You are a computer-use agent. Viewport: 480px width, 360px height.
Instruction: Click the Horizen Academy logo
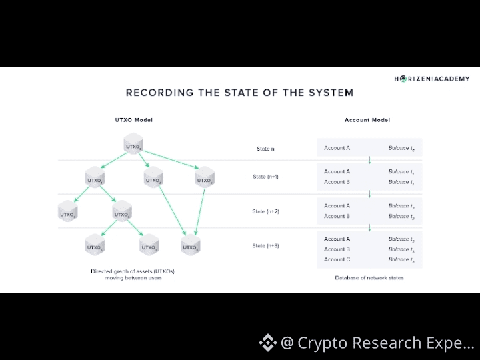pyautogui.click(x=431, y=79)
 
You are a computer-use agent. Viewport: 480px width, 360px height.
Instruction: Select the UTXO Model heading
pyautogui.click(x=134, y=120)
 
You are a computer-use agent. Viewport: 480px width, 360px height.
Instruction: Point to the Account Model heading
pyautogui.click(x=367, y=120)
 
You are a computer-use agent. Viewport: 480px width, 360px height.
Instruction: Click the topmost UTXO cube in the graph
pyautogui.click(x=134, y=145)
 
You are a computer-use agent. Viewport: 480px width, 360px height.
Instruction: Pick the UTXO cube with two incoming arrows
pyautogui.click(x=191, y=246)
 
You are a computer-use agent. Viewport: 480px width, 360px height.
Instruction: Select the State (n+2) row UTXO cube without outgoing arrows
pyautogui.click(x=67, y=213)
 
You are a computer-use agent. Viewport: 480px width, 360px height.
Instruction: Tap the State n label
pyautogui.click(x=265, y=149)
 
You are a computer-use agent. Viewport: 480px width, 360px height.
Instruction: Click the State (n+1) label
pyautogui.click(x=265, y=177)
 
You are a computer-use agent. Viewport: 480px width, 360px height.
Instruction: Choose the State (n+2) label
pyautogui.click(x=265, y=211)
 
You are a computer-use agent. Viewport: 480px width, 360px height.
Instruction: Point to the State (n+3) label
pyautogui.click(x=265, y=246)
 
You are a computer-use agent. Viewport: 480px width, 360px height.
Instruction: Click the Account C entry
pyautogui.click(x=337, y=259)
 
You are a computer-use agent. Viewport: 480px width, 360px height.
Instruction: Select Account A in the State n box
pyautogui.click(x=337, y=148)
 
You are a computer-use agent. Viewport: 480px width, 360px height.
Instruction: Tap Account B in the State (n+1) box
pyautogui.click(x=337, y=182)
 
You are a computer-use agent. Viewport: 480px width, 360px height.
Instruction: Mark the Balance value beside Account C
pyautogui.click(x=401, y=259)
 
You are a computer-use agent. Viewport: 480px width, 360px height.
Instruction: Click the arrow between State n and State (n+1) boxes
pyautogui.click(x=369, y=160)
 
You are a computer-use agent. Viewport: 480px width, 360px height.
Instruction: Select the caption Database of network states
pyautogui.click(x=369, y=277)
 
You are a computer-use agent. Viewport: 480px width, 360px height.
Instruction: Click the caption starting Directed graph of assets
pyautogui.click(x=133, y=274)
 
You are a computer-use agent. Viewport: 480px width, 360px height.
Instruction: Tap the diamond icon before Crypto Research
pyautogui.click(x=267, y=343)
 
